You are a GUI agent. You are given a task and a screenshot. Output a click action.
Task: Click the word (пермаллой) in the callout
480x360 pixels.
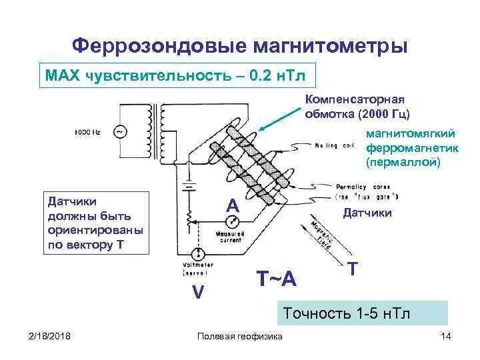tap(403, 162)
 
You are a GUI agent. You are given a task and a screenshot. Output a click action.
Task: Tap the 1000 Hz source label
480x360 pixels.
tap(87, 132)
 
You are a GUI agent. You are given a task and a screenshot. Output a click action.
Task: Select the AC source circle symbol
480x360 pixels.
tap(120, 132)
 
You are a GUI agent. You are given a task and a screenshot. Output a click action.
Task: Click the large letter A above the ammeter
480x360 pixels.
tap(232, 205)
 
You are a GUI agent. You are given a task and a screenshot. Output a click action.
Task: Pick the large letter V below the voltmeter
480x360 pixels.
tap(197, 291)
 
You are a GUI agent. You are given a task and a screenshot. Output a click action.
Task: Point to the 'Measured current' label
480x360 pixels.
tap(229, 237)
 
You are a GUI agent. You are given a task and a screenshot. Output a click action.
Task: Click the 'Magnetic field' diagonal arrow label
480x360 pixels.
tap(325, 235)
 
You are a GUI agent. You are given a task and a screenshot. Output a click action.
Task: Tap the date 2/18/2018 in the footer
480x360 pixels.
tap(50, 336)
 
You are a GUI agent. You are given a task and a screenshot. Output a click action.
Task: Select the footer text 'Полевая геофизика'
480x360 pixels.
tap(240, 336)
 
